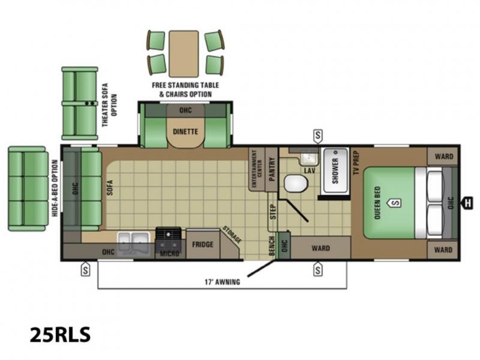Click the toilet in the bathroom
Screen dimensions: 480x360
296,184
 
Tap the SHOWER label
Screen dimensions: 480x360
335,171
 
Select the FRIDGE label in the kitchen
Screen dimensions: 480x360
203,244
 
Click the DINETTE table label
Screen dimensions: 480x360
185,131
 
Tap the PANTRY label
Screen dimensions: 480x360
272,169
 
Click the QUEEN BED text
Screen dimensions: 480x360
377,203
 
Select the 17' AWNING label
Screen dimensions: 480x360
222,281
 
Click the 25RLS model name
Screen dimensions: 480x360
61,334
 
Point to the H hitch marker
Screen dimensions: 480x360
468,203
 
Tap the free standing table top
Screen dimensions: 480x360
184,53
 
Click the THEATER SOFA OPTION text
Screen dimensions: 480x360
110,105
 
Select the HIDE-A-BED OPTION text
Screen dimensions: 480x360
55,188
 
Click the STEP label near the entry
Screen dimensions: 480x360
273,212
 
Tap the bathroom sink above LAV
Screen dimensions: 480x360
310,158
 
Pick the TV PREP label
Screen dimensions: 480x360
356,163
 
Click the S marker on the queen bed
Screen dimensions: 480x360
395,203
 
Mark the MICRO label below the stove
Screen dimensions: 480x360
169,254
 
